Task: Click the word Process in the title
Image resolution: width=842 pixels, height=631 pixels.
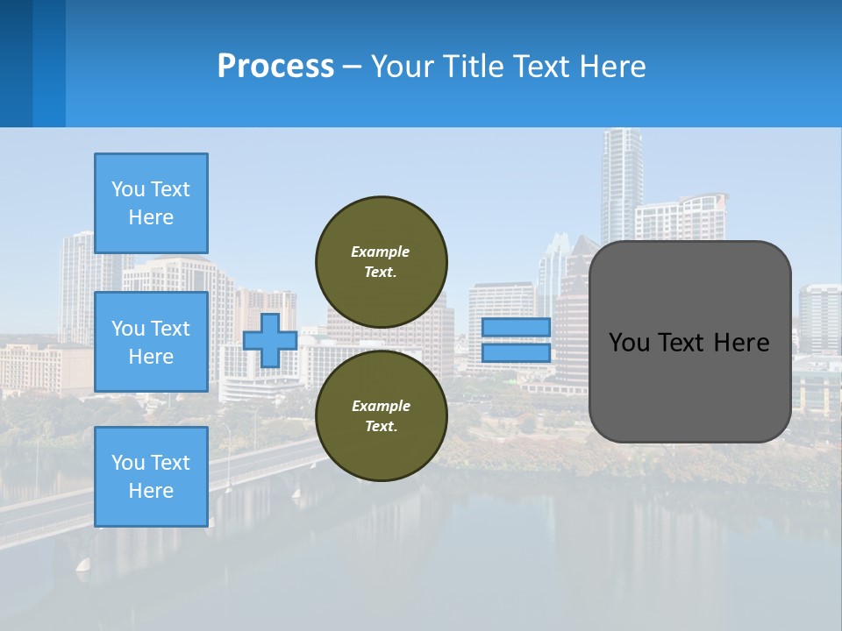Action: click(275, 67)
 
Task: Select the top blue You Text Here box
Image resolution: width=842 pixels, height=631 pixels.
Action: click(151, 203)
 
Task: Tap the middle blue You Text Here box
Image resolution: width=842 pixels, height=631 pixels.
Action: click(151, 342)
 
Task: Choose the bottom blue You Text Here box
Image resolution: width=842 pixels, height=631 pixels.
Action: click(151, 477)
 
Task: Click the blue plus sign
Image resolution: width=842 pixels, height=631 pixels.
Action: click(269, 340)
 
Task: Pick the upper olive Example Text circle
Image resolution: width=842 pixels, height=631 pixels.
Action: click(382, 261)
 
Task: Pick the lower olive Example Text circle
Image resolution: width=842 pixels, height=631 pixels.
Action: click(382, 415)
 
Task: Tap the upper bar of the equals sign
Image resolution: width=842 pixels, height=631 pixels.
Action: click(516, 328)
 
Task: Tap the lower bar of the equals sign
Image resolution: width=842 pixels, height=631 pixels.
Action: click(516, 353)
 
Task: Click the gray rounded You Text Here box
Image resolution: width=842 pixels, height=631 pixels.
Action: click(689, 342)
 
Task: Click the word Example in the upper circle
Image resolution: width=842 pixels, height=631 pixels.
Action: click(381, 252)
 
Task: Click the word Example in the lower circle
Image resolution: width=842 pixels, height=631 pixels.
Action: click(381, 406)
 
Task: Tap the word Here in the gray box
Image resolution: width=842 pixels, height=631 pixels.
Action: click(742, 343)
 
